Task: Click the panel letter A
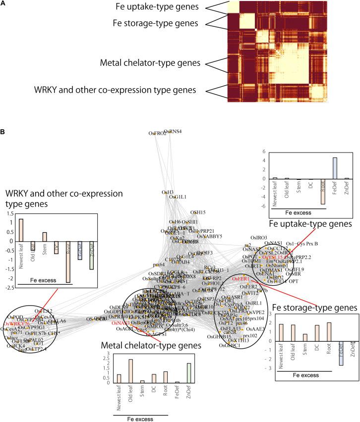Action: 3,3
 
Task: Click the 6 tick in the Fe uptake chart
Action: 266,152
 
